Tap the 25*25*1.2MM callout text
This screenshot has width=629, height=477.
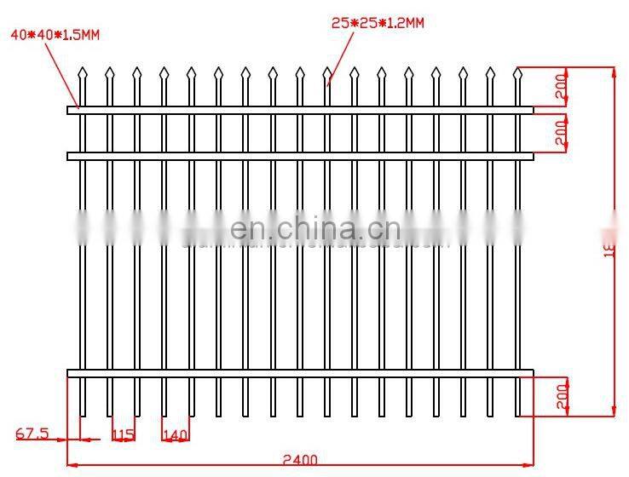pos(377,24)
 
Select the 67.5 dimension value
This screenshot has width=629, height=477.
pos(32,434)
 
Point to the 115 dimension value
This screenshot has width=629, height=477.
pos(123,435)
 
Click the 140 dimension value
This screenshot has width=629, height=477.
pos(176,435)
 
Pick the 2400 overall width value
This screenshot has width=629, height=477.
pos(299,460)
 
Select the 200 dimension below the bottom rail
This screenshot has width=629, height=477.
pos(561,395)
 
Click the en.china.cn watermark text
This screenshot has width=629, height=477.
pos(314,229)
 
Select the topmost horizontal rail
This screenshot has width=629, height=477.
pos(299,110)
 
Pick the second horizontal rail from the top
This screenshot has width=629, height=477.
pos(299,156)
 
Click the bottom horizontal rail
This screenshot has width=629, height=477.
pos(299,373)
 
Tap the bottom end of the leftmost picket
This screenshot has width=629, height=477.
pos(82,414)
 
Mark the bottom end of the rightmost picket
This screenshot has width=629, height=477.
pos(516,414)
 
